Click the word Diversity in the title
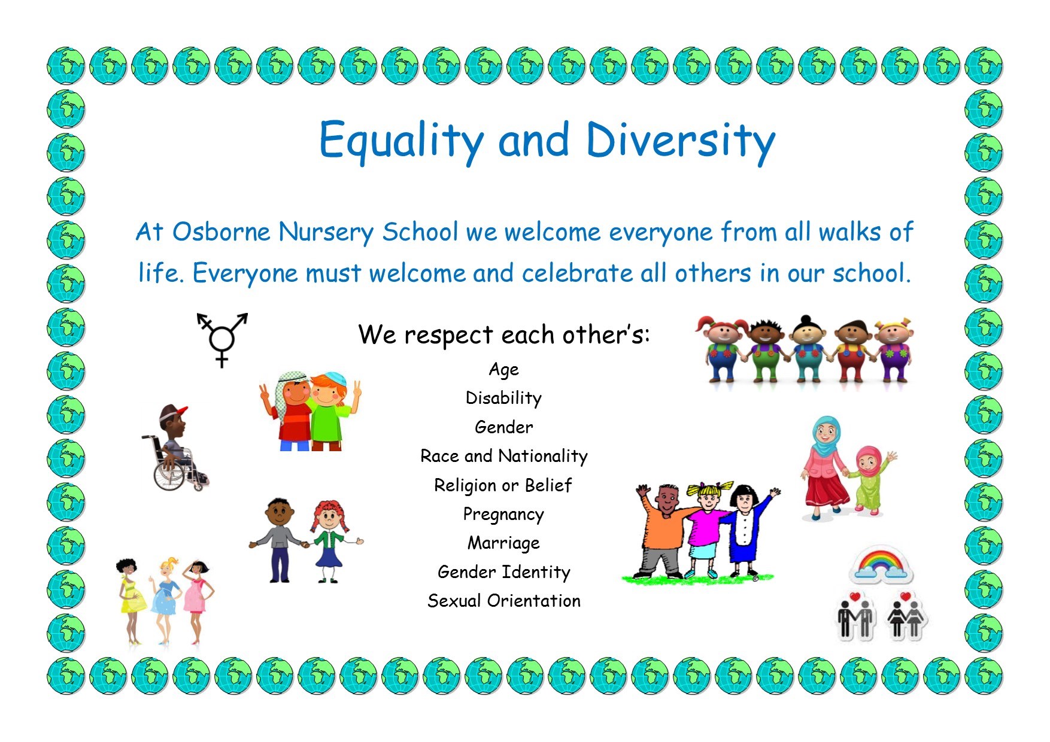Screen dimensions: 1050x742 680,141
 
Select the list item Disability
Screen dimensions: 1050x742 503,399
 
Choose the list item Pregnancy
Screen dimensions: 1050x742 503,515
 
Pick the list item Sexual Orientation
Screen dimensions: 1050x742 504,601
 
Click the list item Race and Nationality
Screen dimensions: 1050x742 504,457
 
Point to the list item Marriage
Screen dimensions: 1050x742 503,543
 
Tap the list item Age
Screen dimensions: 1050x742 504,370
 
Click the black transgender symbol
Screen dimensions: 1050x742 221,339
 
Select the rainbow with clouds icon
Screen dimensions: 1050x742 881,564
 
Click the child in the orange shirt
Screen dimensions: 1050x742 661,530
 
